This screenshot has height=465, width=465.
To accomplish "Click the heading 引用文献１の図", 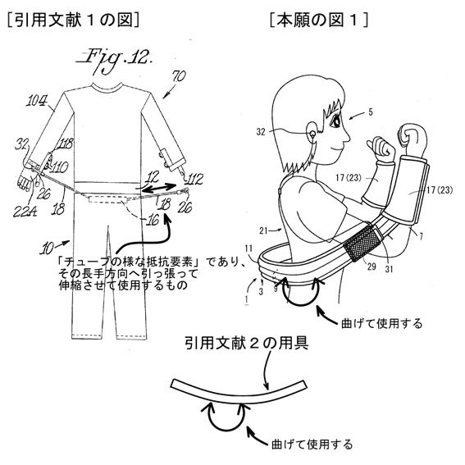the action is pyautogui.click(x=73, y=21).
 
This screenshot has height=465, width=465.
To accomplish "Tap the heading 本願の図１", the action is pyautogui.click(x=319, y=21).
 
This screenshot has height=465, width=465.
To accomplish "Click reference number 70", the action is pyautogui.click(x=178, y=76).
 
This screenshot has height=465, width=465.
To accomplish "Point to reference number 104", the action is pyautogui.click(x=37, y=101).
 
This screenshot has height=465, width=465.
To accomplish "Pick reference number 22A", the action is pyautogui.click(x=25, y=212).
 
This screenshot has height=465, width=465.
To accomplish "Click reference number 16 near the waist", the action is pyautogui.click(x=153, y=220).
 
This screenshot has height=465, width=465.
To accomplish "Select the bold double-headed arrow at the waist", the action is pyautogui.click(x=158, y=188).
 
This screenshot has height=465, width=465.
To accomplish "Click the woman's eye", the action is pyautogui.click(x=335, y=121).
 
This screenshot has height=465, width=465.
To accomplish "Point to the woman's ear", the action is pyautogui.click(x=312, y=134).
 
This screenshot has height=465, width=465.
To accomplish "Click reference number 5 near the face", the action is pyautogui.click(x=371, y=112).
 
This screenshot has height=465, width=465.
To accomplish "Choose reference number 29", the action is pyautogui.click(x=372, y=267).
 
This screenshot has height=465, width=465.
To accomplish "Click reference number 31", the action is pyautogui.click(x=389, y=269).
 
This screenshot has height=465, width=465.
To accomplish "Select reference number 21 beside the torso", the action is pyautogui.click(x=264, y=230).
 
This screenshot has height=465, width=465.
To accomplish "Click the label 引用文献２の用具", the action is pyautogui.click(x=247, y=343).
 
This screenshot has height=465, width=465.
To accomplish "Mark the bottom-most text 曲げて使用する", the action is pyautogui.click(x=312, y=444).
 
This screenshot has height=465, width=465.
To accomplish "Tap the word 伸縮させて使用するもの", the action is pyautogui.click(x=123, y=285).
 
